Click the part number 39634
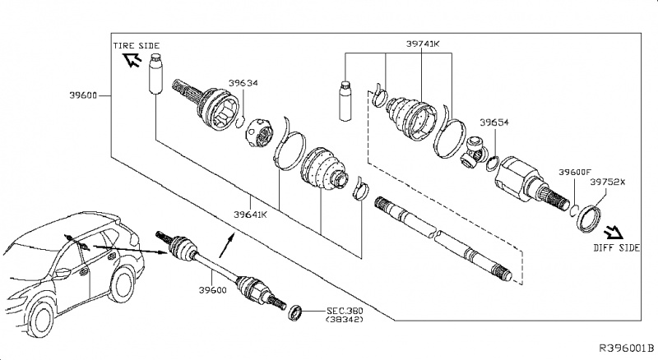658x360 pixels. click(243, 82)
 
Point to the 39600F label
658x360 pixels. click(575, 172)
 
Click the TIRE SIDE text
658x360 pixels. click(136, 44)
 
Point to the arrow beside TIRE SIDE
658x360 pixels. click(131, 60)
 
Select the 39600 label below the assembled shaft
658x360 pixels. click(211, 291)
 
